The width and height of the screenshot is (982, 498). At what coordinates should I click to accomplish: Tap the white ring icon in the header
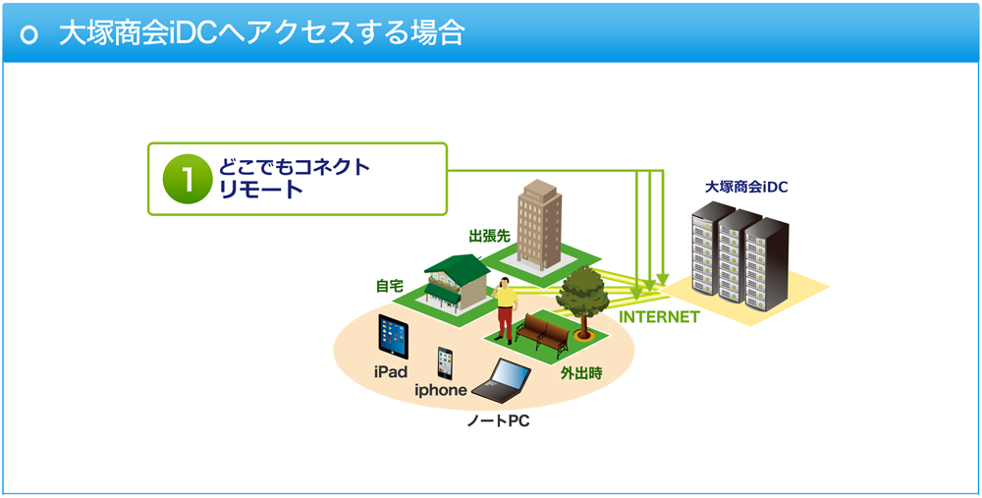tap(29, 34)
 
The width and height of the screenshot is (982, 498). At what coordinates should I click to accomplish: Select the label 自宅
tap(388, 286)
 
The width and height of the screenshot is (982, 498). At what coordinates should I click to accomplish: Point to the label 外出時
tap(581, 374)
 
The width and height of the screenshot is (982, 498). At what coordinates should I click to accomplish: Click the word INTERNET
tap(659, 317)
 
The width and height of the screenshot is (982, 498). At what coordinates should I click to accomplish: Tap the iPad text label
tap(391, 372)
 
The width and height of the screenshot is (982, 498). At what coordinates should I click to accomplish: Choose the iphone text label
tap(441, 390)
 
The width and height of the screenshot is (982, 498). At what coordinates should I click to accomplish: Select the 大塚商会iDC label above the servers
tap(746, 187)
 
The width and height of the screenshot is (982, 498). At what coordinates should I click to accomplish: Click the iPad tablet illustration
tap(394, 336)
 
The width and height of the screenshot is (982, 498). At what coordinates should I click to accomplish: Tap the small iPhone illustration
tap(445, 363)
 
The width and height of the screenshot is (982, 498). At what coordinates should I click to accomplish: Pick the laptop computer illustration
tap(502, 380)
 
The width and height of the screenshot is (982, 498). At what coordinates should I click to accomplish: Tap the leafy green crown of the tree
tap(582, 291)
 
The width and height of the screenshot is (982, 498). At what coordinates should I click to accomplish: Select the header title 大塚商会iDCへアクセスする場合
tap(262, 33)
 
